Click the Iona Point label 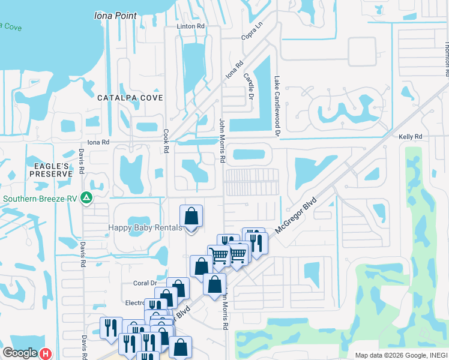(115, 16)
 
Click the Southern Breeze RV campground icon (86, 197)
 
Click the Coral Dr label (145, 283)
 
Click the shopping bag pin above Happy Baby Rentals (191, 216)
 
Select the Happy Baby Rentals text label (145, 228)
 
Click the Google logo (19, 353)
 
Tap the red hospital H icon (46, 354)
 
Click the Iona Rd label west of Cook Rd (98, 142)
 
